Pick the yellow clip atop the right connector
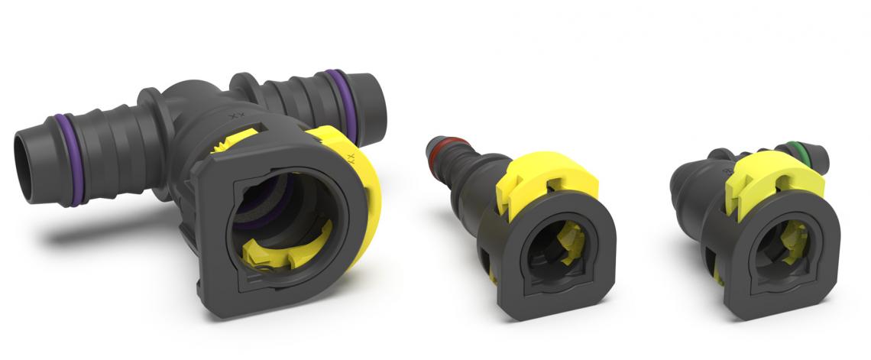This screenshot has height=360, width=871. tap(772, 183)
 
